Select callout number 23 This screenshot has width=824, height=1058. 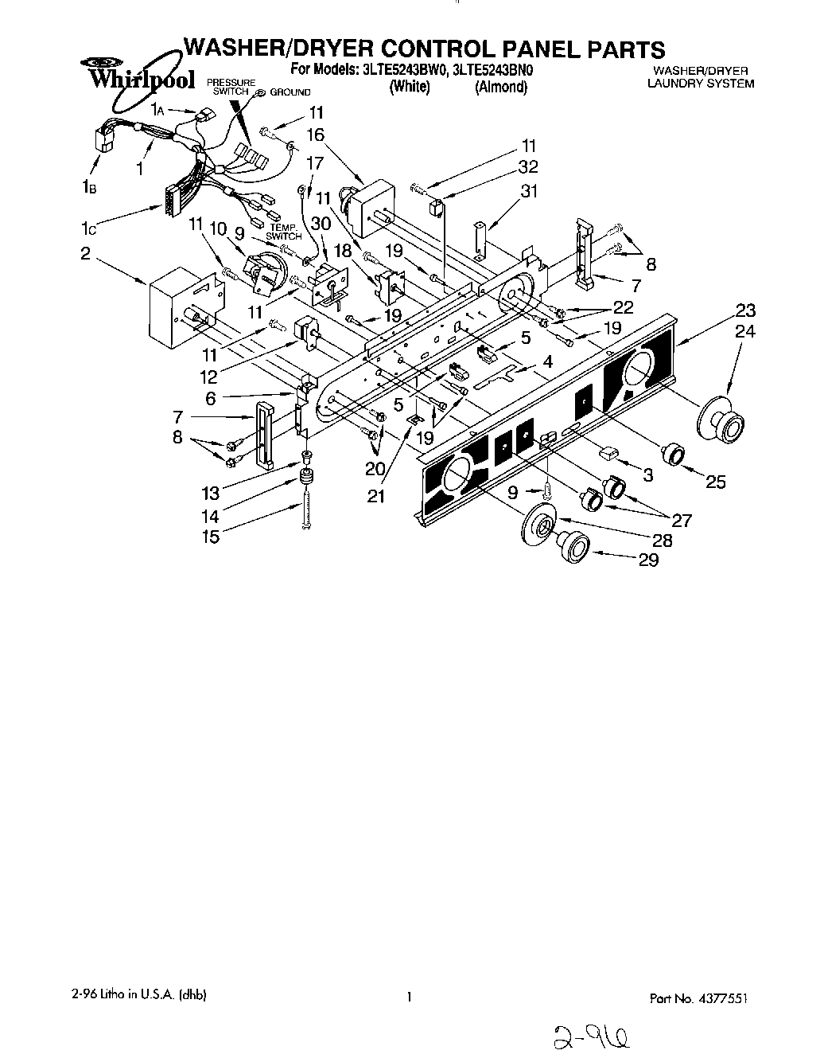click(745, 310)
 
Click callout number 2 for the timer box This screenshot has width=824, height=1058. click(85, 254)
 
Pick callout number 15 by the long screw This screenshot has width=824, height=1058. click(210, 537)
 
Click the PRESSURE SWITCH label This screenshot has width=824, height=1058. click(231, 88)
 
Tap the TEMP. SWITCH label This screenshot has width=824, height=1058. click(284, 232)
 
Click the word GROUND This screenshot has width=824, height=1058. click(290, 92)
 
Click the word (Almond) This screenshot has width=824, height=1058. click(500, 88)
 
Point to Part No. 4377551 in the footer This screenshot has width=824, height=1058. click(701, 998)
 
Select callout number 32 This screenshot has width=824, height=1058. click(527, 166)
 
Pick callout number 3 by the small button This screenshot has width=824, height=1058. click(647, 475)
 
